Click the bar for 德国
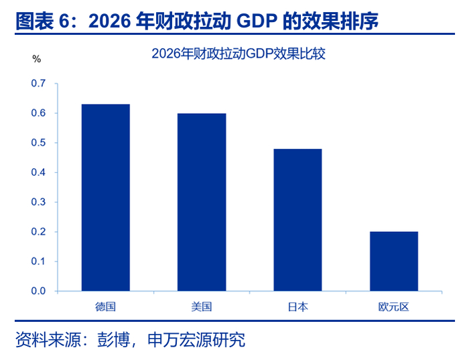point(106,198)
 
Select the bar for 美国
point(202,202)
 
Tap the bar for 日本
point(297,220)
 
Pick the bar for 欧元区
point(394,261)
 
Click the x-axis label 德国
point(105,307)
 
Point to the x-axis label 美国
point(202,307)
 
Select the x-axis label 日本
point(297,307)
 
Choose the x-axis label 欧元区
point(394,307)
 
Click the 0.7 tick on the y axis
point(38,83)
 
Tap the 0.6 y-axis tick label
point(38,113)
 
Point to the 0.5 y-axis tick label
point(38,142)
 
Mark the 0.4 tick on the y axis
point(38,172)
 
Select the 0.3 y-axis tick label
point(38,202)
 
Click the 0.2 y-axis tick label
point(38,232)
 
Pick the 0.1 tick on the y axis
point(38,261)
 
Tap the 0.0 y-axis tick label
point(38,291)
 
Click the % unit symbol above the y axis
point(36,59)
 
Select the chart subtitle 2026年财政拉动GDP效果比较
point(239,54)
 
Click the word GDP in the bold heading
point(257,21)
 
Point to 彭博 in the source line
point(114,340)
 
